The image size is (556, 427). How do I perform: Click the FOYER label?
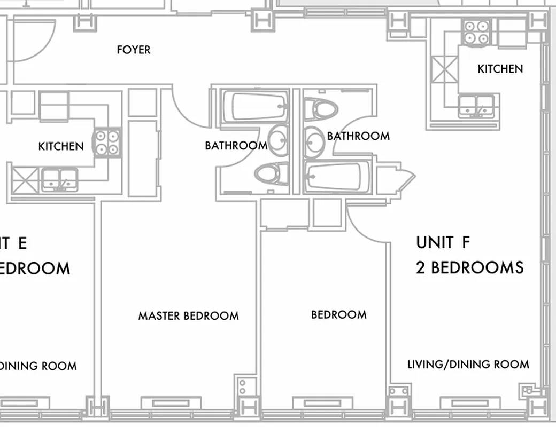pyautogui.click(x=134, y=50)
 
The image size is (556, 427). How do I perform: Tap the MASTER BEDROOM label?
pyautogui.click(x=188, y=316)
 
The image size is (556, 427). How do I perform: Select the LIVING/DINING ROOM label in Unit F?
pyautogui.click(x=468, y=365)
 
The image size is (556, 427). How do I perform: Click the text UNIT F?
pyautogui.click(x=443, y=242)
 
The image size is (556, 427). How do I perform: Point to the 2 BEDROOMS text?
pyautogui.click(x=469, y=267)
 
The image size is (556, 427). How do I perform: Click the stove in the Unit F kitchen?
pyautogui.click(x=476, y=33)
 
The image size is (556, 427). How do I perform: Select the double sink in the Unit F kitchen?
pyautogui.click(x=476, y=106)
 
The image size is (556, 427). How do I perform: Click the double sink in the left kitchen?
pyautogui.click(x=60, y=180)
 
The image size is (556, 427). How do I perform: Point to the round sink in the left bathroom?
pyautogui.click(x=277, y=140)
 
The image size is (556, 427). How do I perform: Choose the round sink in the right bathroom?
pyautogui.click(x=313, y=142)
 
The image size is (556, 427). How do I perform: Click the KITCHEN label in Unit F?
pyautogui.click(x=500, y=69)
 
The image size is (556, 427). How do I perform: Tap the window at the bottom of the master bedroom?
pyautogui.click(x=171, y=403)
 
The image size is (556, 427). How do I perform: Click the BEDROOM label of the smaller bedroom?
pyautogui.click(x=339, y=315)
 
